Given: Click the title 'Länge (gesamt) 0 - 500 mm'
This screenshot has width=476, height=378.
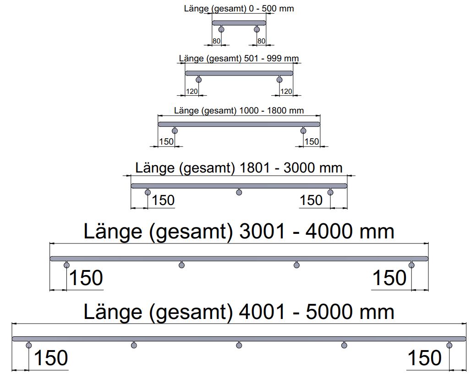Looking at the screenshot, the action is point(239,9).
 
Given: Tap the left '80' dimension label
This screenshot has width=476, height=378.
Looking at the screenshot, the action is point(216,41).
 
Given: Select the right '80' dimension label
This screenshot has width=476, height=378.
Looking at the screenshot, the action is point(262,41).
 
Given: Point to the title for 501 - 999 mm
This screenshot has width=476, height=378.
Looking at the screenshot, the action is point(239,58).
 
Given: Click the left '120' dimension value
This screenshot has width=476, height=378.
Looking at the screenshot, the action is point(192,91).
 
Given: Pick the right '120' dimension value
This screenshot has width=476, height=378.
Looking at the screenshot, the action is point(286,91).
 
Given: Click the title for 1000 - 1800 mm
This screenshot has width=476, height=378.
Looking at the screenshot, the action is point(239,110).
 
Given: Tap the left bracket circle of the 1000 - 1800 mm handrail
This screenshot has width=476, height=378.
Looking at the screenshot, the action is point(175,131).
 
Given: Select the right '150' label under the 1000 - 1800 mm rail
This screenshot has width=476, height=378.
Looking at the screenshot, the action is point(312,141).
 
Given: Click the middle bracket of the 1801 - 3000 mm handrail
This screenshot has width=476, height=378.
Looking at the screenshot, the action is point(239,192).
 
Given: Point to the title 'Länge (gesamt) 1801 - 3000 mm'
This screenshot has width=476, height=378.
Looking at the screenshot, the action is point(239,168).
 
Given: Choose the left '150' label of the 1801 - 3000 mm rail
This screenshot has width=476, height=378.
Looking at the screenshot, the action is point(163,200).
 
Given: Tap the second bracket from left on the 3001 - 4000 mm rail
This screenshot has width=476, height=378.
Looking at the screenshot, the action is point(181,265).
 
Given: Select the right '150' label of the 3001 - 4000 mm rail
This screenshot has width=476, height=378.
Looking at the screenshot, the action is point(389,278).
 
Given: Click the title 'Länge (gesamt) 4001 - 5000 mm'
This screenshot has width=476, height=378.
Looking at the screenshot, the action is point(239,312).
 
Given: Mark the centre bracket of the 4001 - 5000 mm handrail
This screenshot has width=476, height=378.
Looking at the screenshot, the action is point(239,345).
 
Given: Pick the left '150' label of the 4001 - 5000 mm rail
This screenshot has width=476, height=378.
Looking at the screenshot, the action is point(51,358).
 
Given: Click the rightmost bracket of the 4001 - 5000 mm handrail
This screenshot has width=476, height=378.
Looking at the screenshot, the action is point(449,345).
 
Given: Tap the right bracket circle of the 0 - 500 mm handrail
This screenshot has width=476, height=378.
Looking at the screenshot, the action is point(257,29).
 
